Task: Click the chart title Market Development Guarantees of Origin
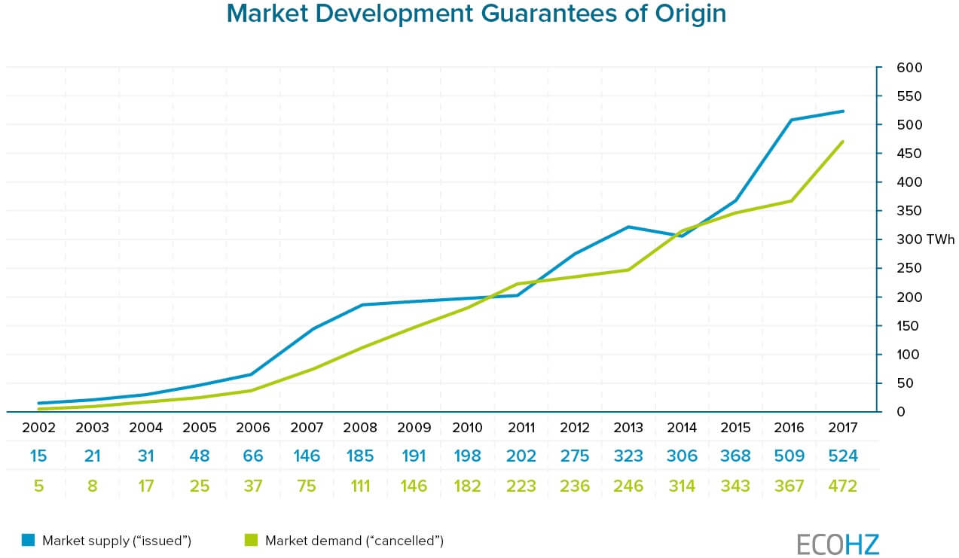click(476, 14)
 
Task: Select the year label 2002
click(39, 428)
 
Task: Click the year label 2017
click(842, 428)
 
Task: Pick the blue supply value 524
click(842, 456)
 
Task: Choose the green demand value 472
click(842, 486)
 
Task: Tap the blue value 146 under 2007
click(307, 456)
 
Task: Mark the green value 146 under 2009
click(414, 486)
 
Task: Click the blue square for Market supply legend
click(29, 540)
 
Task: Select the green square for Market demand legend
click(251, 540)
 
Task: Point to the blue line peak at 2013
click(628, 227)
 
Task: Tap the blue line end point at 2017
click(843, 111)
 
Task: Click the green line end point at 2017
click(843, 141)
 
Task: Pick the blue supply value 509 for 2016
click(789, 456)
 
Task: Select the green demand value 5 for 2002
click(39, 486)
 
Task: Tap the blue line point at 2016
click(792, 120)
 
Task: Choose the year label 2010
click(467, 428)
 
